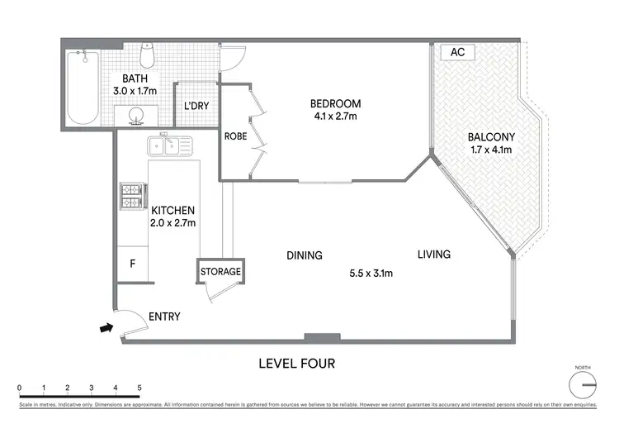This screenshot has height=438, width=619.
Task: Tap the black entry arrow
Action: (x=106, y=328)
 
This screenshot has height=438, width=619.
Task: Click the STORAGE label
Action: (x=220, y=271)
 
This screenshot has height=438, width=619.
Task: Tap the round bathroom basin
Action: (x=137, y=113)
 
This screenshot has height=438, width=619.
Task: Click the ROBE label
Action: (x=234, y=136)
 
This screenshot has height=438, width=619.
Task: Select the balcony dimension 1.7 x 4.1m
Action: (x=489, y=150)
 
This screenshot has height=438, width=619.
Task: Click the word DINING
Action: (x=304, y=255)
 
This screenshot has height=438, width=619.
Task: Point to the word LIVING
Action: (x=433, y=255)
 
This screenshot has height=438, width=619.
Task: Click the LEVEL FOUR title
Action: (x=296, y=363)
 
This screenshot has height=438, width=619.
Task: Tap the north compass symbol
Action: (x=583, y=385)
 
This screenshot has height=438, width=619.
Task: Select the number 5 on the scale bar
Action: (x=139, y=387)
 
